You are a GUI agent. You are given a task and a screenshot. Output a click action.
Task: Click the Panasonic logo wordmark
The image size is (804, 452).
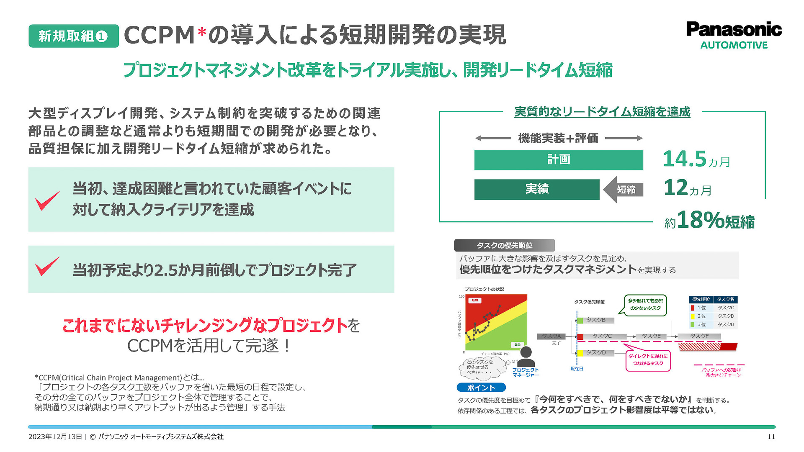point(734,29)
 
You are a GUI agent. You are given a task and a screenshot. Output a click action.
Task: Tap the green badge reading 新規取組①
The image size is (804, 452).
point(73,36)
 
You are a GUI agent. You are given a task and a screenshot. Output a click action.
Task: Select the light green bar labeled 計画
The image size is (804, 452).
point(558,159)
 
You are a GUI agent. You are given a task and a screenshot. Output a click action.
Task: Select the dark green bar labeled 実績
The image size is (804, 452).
point(536,189)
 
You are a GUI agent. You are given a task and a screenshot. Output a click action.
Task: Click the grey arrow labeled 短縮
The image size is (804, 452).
point(624,190)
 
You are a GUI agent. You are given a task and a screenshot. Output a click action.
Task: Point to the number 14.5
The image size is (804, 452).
point(685,159)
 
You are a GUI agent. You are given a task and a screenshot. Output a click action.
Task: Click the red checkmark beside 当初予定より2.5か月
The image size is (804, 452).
point(47,267)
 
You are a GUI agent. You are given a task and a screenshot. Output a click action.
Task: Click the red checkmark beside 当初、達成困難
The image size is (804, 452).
point(47,201)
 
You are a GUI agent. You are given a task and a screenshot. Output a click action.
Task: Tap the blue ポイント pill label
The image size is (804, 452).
point(481,388)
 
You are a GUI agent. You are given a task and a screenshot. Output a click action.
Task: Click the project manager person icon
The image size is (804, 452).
point(526,357)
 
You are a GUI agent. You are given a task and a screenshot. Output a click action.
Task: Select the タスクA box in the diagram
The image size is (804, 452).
point(551,336)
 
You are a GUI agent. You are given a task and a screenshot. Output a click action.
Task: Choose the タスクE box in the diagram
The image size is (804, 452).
point(651,336)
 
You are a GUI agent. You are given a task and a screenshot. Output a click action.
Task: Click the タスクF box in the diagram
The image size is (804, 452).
point(699,336)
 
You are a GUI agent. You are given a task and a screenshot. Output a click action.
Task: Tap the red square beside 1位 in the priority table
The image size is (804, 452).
point(693,308)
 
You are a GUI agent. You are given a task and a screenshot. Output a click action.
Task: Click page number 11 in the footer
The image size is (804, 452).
point(771,437)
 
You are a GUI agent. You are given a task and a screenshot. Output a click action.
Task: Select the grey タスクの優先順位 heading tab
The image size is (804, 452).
point(504,245)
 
